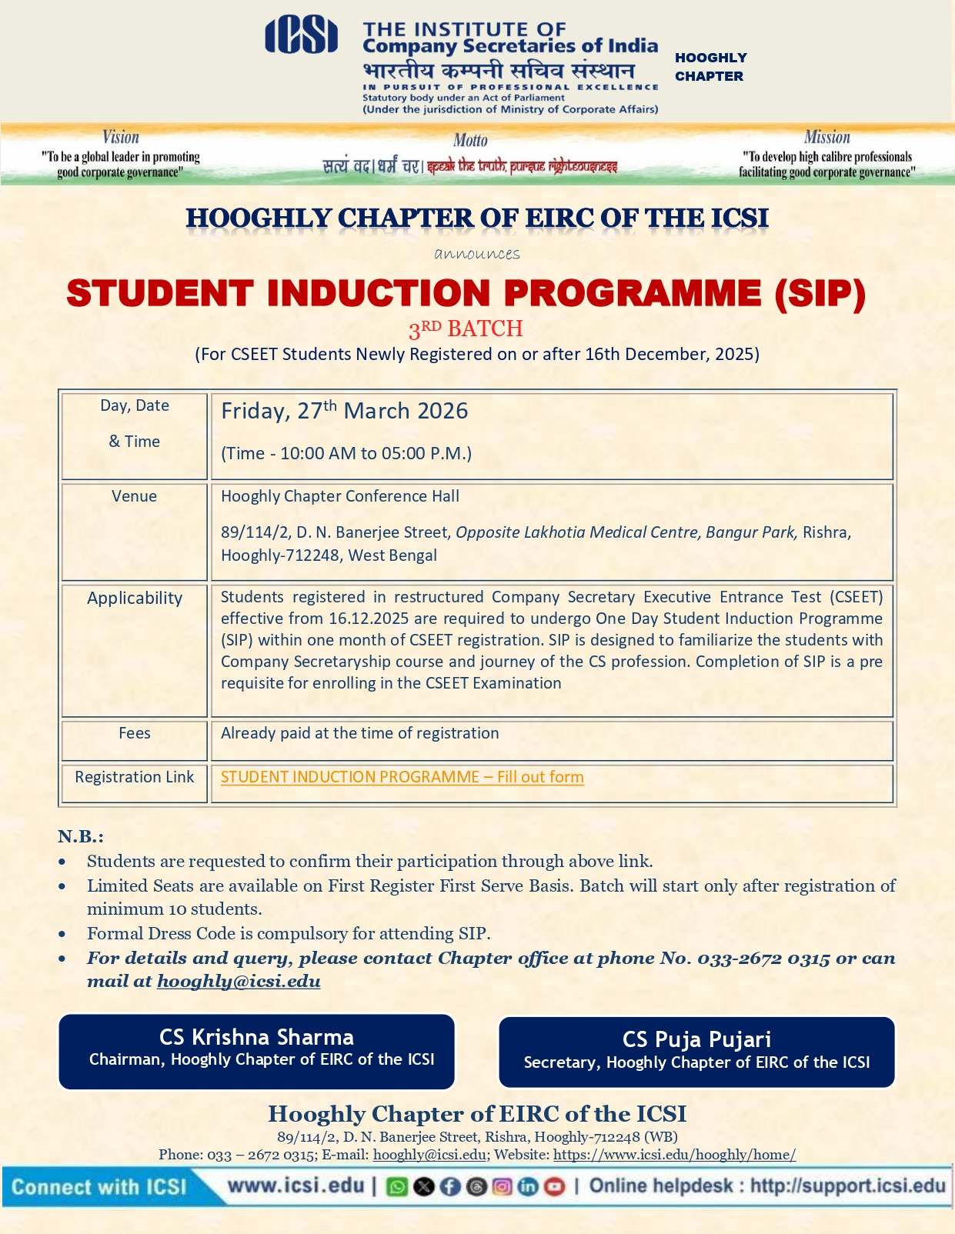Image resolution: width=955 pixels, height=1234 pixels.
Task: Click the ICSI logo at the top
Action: coord(301,36)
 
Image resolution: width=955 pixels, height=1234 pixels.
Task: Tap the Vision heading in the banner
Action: coord(121,138)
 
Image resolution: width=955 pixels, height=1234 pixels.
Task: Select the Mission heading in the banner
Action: coord(826,138)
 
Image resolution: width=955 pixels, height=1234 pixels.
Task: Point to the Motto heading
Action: coord(470,140)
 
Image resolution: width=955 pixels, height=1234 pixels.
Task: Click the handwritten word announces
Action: coord(477,254)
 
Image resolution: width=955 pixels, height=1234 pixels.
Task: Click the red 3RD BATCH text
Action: coord(466,329)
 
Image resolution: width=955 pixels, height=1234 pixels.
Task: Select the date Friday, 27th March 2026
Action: coord(344,411)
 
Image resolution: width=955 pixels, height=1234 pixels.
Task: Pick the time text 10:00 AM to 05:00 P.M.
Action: coord(346,453)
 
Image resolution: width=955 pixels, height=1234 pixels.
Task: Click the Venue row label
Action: coord(134,496)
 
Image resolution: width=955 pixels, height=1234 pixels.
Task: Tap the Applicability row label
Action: coord(135,598)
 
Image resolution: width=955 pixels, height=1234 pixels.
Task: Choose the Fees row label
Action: coord(135,733)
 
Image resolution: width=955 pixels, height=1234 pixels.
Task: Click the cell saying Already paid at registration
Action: coord(359,733)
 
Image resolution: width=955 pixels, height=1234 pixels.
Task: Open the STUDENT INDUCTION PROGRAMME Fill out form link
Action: coord(402,777)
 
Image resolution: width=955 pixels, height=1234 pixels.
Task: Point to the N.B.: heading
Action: coord(80,836)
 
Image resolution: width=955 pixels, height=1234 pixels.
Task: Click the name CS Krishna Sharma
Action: coord(256,1037)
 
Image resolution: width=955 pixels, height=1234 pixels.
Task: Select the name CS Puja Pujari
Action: coord(696,1039)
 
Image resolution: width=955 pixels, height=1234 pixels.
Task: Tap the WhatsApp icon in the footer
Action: coord(397,1186)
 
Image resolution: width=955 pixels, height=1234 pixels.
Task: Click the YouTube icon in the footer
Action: coord(554,1186)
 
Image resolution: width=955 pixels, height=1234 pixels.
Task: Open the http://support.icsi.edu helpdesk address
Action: coord(847,1186)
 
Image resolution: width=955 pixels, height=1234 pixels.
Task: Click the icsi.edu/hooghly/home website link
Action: coord(674,1155)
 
